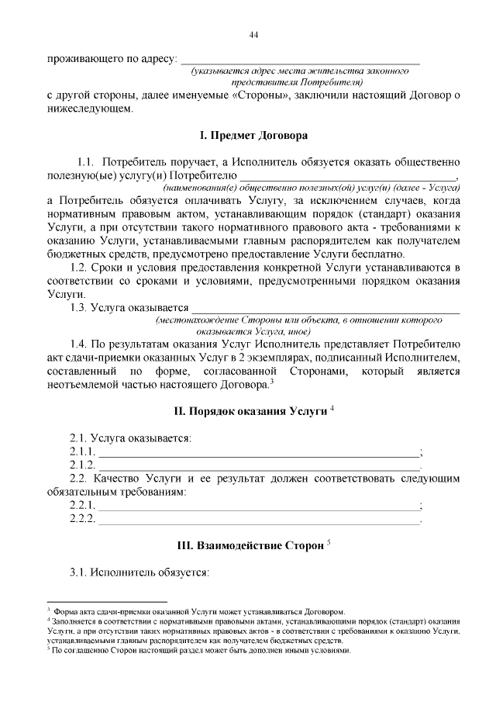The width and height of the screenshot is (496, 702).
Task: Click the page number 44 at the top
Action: (253, 35)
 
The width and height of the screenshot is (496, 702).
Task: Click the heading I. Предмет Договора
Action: (253, 136)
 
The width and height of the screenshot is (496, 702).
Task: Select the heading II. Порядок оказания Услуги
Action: (249, 410)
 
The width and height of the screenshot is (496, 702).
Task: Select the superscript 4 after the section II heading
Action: (331, 407)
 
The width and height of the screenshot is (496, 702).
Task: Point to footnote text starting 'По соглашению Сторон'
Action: (201, 651)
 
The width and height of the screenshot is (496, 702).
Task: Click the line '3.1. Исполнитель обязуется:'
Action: (139, 573)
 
